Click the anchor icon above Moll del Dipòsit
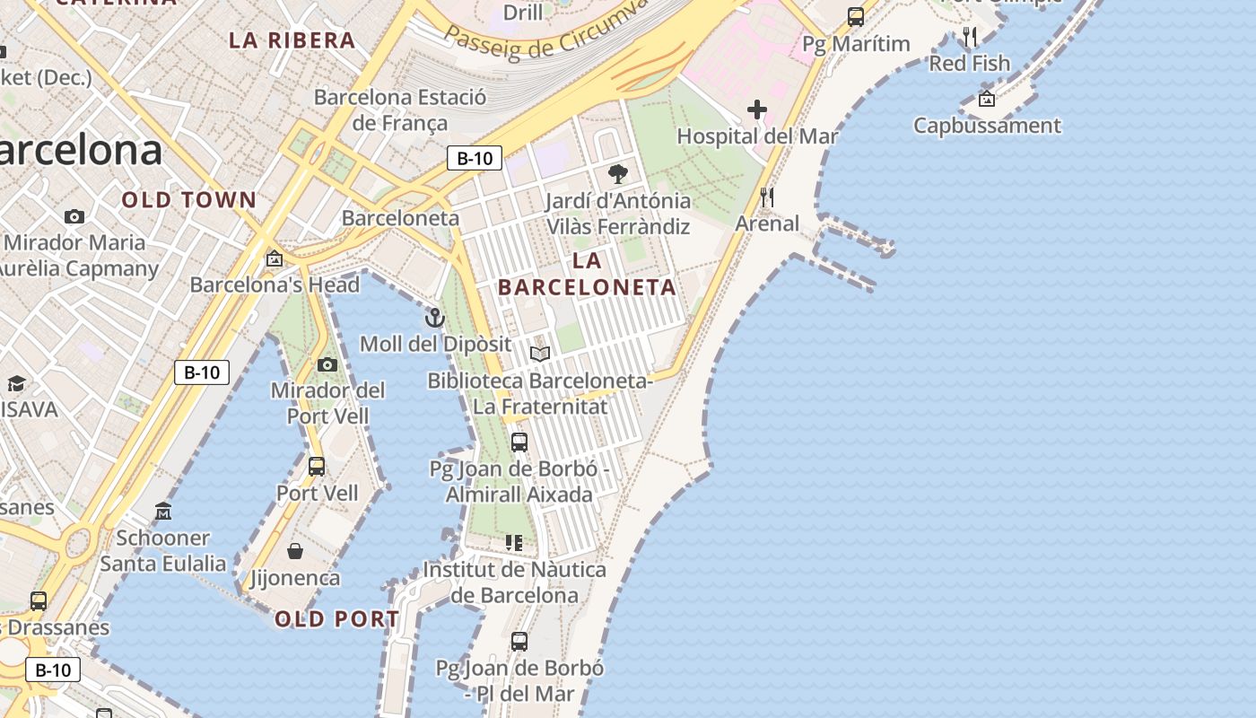click(434, 318)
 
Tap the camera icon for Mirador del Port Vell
click(327, 364)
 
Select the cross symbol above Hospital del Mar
click(757, 109)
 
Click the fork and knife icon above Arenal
click(767, 197)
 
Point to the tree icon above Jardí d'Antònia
click(617, 174)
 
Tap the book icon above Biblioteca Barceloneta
click(539, 354)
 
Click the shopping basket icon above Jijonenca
click(295, 551)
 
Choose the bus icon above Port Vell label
click(317, 467)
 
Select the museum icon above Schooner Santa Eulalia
click(163, 512)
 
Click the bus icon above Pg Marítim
click(856, 16)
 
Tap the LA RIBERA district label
click(292, 40)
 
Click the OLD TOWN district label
click(189, 200)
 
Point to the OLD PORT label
click(337, 619)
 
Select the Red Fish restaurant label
click(969, 64)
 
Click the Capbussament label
click(987, 126)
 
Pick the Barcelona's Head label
click(275, 285)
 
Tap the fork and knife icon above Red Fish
click(970, 37)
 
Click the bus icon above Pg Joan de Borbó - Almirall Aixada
click(519, 442)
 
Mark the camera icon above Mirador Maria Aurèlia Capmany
click(74, 216)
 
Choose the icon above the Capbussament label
click(987, 99)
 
